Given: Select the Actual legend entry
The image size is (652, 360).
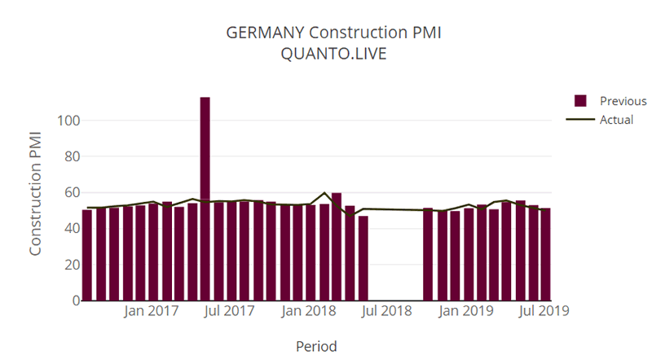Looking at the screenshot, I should tap(616, 120).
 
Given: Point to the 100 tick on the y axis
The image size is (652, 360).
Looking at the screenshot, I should tap(68, 121).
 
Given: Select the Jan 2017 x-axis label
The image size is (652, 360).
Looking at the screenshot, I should tap(152, 311).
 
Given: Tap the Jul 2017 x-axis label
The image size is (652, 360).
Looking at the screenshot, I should tap(229, 311).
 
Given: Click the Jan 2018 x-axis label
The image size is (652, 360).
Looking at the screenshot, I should tap(308, 311).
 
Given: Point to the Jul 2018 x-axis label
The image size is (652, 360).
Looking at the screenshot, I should tap(385, 311).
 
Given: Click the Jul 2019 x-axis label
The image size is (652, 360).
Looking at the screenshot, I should tap(543, 311).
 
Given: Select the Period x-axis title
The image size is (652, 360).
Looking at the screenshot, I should tap(316, 346).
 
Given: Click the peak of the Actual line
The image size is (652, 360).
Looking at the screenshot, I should tap(325, 193).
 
